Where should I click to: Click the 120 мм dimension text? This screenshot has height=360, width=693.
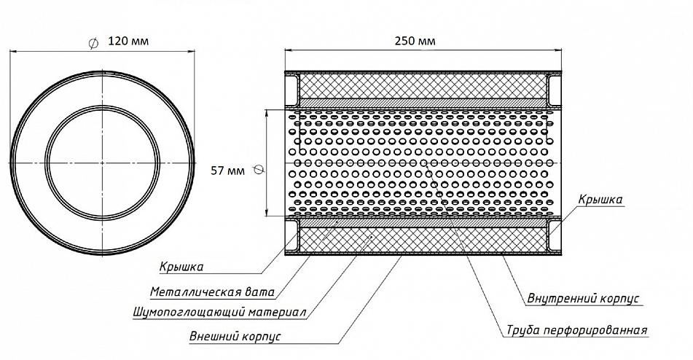pyautogui.click(x=128, y=41)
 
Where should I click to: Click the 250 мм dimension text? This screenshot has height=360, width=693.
pyautogui.click(x=415, y=41)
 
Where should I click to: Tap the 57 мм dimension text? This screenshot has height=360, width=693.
pyautogui.click(x=227, y=171)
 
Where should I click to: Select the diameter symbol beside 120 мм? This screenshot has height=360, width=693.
pyautogui.click(x=93, y=43)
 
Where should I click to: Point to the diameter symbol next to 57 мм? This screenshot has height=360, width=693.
pyautogui.click(x=259, y=170)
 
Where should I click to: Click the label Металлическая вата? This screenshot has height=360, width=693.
pyautogui.click(x=212, y=292)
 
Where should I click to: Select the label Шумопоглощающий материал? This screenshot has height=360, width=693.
pyautogui.click(x=219, y=313)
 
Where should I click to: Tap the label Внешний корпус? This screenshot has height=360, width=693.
pyautogui.click(x=235, y=336)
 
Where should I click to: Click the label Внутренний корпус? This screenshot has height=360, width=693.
pyautogui.click(x=583, y=298)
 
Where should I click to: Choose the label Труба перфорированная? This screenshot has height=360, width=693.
pyautogui.click(x=576, y=330)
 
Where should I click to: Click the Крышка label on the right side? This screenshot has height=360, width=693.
pyautogui.click(x=600, y=200)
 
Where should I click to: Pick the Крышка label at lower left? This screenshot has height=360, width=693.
pyautogui.click(x=181, y=267)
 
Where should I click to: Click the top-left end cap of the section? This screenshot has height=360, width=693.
pyautogui.click(x=291, y=90)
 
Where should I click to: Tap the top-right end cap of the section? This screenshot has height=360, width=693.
pyautogui.click(x=555, y=90)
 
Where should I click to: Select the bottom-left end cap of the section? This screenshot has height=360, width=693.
pyautogui.click(x=291, y=235)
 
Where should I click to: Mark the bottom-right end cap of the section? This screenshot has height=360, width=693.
pyautogui.click(x=555, y=235)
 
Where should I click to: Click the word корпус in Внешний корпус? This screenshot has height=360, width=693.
pyautogui.click(x=262, y=337)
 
